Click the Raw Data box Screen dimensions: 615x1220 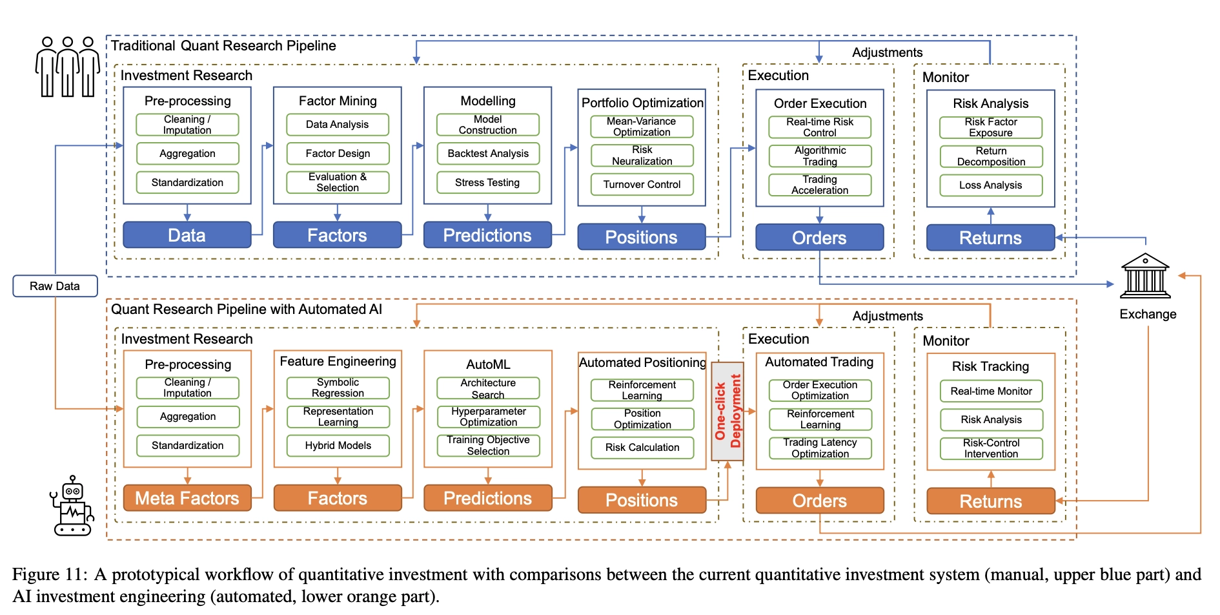[x=55, y=286]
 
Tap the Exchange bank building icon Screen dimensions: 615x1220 [x=1145, y=276]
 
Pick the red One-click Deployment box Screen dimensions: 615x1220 [x=727, y=411]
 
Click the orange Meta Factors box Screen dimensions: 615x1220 [x=187, y=498]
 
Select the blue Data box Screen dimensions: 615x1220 [x=187, y=235]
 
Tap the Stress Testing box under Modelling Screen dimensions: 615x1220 [x=487, y=182]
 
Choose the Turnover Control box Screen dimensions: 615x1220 [x=642, y=184]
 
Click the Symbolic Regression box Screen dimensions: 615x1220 [x=338, y=388]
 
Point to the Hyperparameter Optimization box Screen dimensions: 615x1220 [x=488, y=417]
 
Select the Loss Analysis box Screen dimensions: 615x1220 [x=990, y=185]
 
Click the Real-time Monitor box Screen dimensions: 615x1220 [x=991, y=391]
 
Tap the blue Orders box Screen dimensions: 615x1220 [x=819, y=238]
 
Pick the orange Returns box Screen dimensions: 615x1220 [x=990, y=501]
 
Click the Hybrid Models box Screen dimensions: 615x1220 [x=338, y=445]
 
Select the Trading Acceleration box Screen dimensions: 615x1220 [x=820, y=185]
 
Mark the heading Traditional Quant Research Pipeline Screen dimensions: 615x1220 [x=223, y=46]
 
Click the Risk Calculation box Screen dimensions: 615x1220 [x=642, y=447]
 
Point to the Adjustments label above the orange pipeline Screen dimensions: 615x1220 [x=888, y=316]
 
